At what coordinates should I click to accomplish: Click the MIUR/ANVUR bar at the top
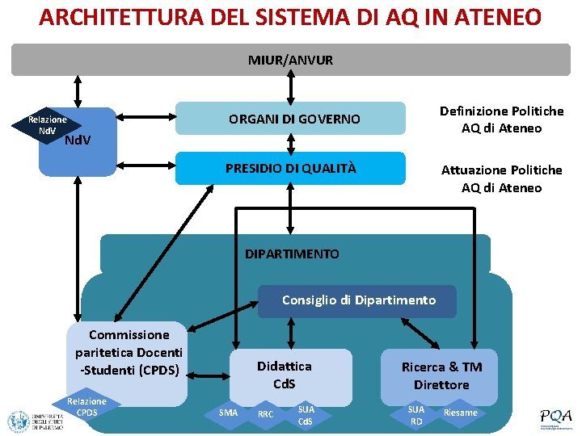(x=290, y=60)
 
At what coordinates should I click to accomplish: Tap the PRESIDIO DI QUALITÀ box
(x=290, y=168)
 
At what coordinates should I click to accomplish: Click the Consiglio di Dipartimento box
(x=358, y=300)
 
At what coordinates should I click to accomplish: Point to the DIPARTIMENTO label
(x=292, y=254)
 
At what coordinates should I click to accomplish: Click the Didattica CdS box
(x=284, y=375)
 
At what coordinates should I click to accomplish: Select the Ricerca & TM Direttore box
(x=441, y=375)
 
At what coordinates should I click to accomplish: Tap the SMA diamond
(x=229, y=413)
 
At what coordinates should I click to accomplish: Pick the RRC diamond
(x=265, y=414)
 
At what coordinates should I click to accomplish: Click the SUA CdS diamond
(x=306, y=415)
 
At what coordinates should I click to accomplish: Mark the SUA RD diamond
(x=416, y=415)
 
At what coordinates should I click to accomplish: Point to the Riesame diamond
(x=461, y=413)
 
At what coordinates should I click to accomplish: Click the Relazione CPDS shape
(x=86, y=407)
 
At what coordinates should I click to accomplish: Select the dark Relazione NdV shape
(x=47, y=125)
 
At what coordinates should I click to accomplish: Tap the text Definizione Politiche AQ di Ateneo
(x=501, y=119)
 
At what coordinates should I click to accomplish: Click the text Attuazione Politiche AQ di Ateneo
(x=501, y=178)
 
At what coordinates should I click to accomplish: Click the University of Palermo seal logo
(x=18, y=421)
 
